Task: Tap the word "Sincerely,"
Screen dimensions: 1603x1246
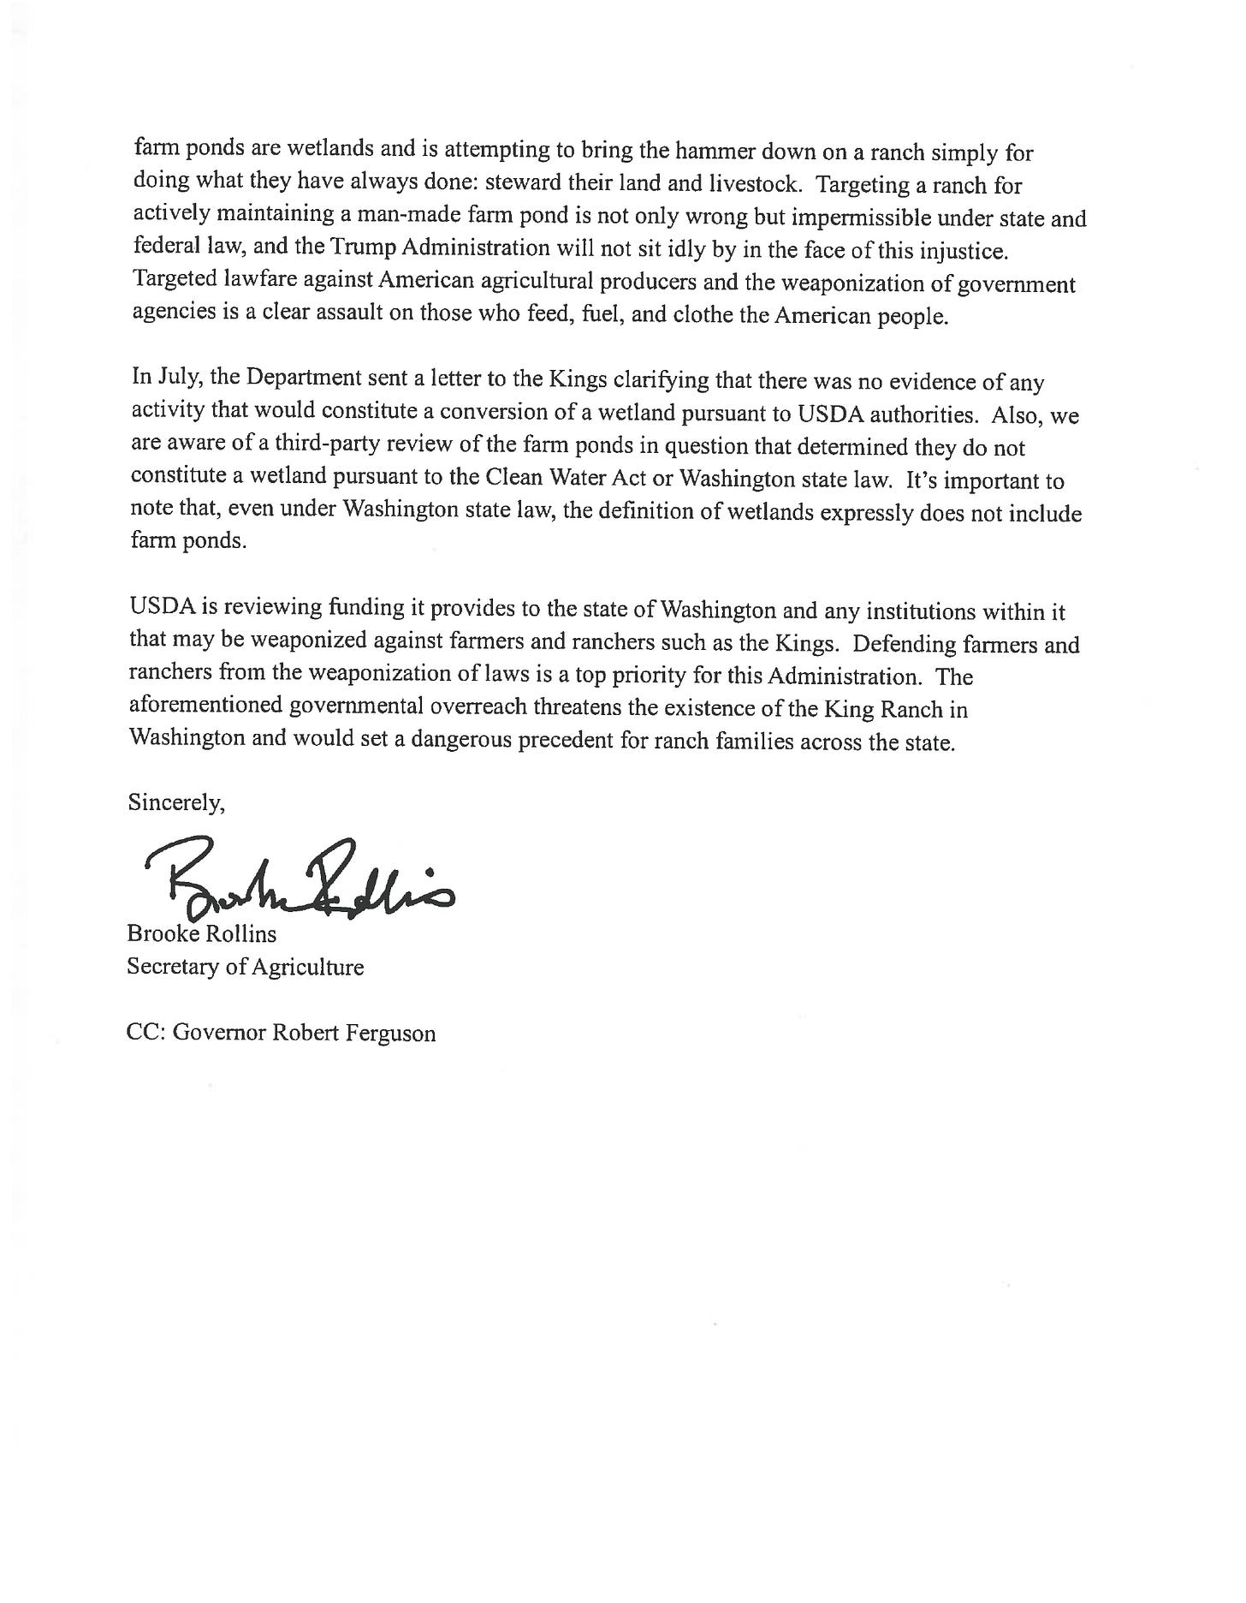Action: pyautogui.click(x=176, y=803)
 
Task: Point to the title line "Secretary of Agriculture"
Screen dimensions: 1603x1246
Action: pyautogui.click(x=246, y=967)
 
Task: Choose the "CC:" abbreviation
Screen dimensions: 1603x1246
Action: pyautogui.click(x=146, y=1033)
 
